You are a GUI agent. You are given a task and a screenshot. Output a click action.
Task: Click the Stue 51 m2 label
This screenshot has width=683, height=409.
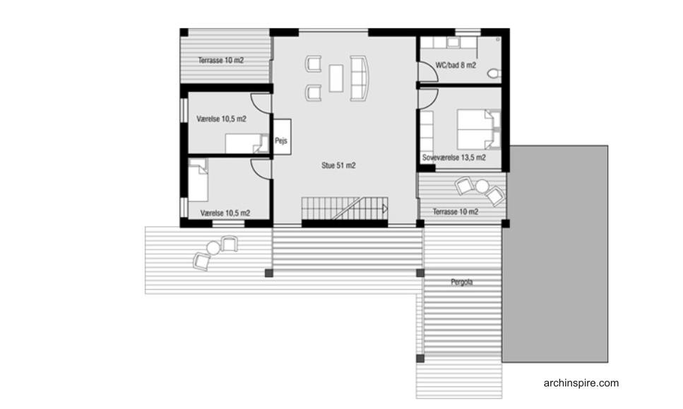(x=338, y=165)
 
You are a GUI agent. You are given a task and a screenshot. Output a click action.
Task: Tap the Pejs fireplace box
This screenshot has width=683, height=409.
(x=282, y=137)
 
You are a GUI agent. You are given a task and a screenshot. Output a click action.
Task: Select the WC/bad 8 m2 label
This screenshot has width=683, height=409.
(x=456, y=66)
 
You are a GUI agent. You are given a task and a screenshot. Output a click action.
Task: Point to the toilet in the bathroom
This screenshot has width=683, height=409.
(x=494, y=73)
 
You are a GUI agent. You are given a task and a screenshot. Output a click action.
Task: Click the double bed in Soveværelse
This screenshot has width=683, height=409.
(x=478, y=130)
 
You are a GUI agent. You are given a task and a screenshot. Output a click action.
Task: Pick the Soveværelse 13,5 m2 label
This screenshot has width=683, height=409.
(x=454, y=157)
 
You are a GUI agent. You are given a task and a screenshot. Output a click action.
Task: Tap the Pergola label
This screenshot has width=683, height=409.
(x=462, y=282)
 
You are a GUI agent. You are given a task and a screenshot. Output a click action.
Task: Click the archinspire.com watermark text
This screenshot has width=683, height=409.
(x=581, y=383)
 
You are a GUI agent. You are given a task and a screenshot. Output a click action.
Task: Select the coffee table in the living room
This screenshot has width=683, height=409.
(x=335, y=78)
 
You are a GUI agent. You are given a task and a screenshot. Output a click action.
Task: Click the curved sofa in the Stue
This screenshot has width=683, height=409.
(x=360, y=78)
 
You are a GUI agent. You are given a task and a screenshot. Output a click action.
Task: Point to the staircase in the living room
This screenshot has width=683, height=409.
(x=345, y=209)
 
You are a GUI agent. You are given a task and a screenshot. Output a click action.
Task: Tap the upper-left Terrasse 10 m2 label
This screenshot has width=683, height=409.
(x=221, y=61)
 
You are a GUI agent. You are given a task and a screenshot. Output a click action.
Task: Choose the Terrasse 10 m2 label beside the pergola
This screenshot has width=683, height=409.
(x=456, y=212)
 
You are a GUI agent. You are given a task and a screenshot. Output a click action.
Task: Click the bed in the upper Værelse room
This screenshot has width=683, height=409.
(x=247, y=144)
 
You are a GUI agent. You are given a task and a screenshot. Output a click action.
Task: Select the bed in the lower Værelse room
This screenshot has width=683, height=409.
(x=198, y=180)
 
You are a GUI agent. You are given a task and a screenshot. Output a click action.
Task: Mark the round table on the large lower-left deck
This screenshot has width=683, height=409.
(x=213, y=248)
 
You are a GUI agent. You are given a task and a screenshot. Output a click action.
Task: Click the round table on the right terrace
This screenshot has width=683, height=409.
(x=482, y=186)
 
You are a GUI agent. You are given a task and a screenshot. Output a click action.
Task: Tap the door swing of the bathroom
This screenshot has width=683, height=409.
(x=428, y=72)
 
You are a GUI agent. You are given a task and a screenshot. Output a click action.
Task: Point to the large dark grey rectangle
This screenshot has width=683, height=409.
(x=555, y=254)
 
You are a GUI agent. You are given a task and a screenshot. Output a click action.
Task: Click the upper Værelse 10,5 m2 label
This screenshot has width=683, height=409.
(x=221, y=118)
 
